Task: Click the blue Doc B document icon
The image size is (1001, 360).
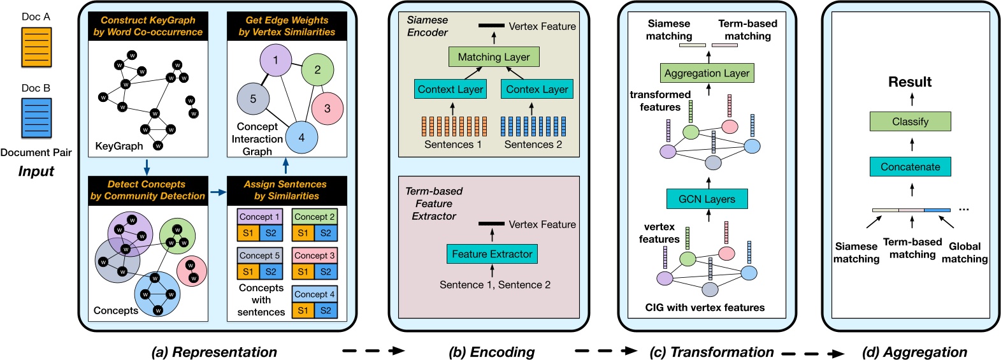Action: tap(36, 118)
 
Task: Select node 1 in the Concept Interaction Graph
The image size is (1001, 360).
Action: tap(275, 61)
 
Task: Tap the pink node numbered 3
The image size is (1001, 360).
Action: tap(328, 108)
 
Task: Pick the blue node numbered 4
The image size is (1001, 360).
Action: tap(301, 137)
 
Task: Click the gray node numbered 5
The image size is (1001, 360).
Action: tap(253, 99)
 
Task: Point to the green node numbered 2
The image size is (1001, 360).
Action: tap(317, 69)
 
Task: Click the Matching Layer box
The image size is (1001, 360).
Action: tap(494, 57)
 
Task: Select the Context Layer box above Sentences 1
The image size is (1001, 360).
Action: tap(450, 89)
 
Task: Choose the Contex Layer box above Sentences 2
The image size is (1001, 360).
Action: tap(537, 89)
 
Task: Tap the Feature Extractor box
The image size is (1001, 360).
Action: tap(492, 254)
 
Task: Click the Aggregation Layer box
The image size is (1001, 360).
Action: tap(707, 73)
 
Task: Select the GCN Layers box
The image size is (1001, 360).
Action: tap(707, 199)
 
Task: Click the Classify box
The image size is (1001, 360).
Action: tap(910, 121)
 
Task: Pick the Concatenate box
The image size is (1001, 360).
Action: tap(910, 167)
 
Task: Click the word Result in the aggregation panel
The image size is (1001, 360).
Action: tap(910, 82)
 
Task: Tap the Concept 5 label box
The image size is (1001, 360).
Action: tap(259, 256)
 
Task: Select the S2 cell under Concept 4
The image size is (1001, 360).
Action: tap(326, 310)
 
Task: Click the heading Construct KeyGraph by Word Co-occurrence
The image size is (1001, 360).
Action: tap(148, 26)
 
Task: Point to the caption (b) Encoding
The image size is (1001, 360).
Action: tap(491, 352)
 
